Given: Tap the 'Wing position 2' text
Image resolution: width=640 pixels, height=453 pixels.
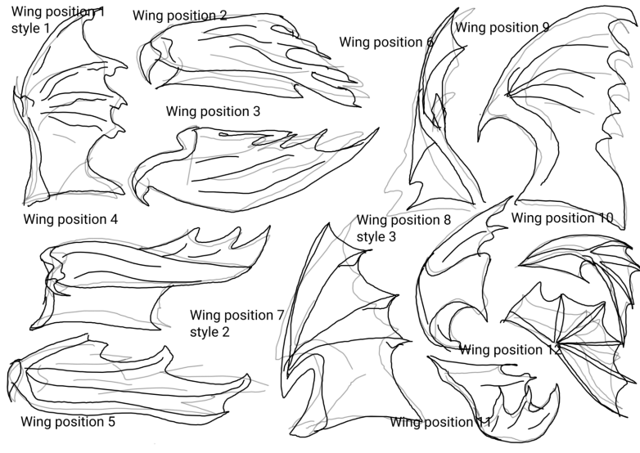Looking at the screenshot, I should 179,16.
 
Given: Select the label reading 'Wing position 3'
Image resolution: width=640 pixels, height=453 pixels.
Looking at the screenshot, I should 213,111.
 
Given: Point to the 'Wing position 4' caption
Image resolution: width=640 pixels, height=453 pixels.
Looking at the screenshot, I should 70,219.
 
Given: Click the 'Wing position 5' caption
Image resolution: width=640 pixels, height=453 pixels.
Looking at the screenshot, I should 68,422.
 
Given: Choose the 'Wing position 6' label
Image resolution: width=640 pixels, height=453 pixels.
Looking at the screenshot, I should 386,43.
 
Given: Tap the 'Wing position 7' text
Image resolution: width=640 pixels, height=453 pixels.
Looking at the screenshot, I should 237,316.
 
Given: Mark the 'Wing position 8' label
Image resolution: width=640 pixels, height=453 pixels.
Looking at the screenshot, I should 403,220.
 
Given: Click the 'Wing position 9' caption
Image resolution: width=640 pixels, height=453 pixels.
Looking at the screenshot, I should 502,27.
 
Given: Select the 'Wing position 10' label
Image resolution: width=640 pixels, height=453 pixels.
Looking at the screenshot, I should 561,218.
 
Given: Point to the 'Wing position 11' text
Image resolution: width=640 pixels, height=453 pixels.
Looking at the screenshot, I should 440,422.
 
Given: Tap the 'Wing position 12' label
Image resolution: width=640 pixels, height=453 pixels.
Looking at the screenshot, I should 510,350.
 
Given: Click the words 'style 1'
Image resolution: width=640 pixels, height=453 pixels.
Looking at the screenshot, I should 30,29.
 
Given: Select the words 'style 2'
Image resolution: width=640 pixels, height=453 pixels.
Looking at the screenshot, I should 210,332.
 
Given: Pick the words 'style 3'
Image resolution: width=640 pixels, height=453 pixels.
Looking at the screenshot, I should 376,236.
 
